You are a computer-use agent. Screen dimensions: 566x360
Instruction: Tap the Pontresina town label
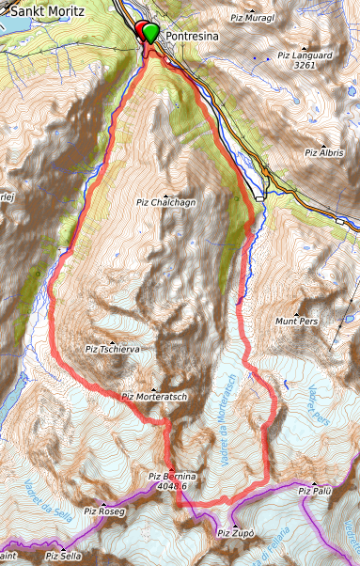pyautogui.click(x=192, y=35)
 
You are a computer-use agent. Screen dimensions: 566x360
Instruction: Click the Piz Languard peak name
pyautogui.click(x=305, y=55)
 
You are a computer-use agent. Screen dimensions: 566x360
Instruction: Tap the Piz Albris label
pyautogui.click(x=324, y=152)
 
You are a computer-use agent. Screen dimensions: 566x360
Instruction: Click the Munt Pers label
pyautogui.click(x=297, y=322)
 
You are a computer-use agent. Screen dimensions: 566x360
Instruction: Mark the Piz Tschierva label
pyautogui.click(x=113, y=349)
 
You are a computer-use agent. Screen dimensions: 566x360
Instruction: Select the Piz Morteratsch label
pyautogui.click(x=155, y=397)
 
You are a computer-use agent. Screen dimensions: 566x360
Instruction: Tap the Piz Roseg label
pyautogui.click(x=104, y=511)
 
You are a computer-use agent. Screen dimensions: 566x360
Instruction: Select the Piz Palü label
pyautogui.click(x=316, y=491)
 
